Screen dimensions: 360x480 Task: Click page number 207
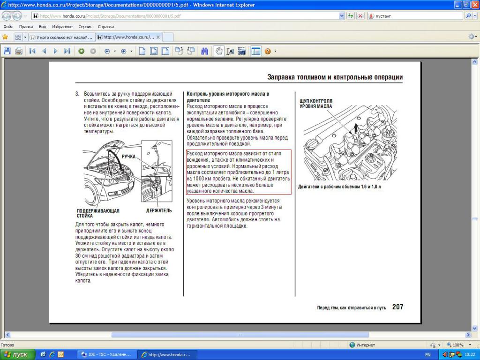pyautogui.click(x=397, y=307)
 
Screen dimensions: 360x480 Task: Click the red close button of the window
pyautogui.click(x=474, y=5)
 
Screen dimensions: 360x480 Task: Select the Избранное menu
pyautogui.click(x=62, y=27)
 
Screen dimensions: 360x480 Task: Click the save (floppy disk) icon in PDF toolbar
pyautogui.click(x=7, y=51)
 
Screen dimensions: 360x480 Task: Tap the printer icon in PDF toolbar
pyautogui.click(x=19, y=51)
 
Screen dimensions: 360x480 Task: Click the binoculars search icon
pyautogui.click(x=205, y=51)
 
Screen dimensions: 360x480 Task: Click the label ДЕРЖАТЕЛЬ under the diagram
pyautogui.click(x=159, y=211)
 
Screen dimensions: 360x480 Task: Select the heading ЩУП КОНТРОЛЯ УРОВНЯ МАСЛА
pyautogui.click(x=316, y=104)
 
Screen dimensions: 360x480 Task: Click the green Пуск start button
pyautogui.click(x=17, y=354)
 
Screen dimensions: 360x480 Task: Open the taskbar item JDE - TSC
pyautogui.click(x=106, y=354)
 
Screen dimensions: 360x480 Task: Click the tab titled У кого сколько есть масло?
pyautogui.click(x=61, y=37)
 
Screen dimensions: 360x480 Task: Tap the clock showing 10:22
pyautogui.click(x=470, y=354)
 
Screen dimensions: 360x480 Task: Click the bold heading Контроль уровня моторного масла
pyautogui.click(x=228, y=97)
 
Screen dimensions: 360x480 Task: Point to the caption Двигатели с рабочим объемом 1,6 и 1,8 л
pyautogui.click(x=340, y=187)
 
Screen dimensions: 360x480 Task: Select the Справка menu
pyautogui.click(x=106, y=27)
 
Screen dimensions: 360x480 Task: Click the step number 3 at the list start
pyautogui.click(x=77, y=94)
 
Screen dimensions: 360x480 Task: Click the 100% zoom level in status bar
pyautogui.click(x=457, y=345)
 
